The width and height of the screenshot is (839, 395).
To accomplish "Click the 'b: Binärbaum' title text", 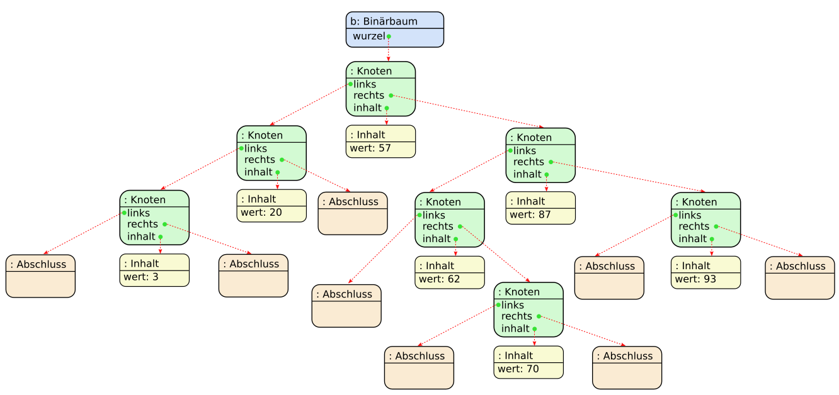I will coord(384,21).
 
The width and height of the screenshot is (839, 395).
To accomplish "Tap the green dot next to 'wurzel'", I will coord(389,36).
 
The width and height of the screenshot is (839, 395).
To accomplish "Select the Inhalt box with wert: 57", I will coord(380,142).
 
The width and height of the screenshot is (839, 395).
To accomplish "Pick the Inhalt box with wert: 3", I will coord(154,270).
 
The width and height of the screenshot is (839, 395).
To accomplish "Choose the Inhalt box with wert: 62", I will coord(449,272).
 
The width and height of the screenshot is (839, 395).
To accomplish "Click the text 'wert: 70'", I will coord(518,369).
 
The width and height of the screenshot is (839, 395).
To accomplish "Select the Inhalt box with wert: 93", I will coord(705,272).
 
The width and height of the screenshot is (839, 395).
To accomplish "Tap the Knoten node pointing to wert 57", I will coord(380,89).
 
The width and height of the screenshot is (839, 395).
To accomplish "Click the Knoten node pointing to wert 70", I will coord(528,309).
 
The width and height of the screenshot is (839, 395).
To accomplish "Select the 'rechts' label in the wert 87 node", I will coord(528,162).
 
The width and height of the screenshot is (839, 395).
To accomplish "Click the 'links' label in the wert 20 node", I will coord(256,148).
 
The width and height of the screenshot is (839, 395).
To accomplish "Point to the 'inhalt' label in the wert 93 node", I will coord(692,239).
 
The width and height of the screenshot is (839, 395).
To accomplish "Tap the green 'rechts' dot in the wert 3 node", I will coord(164,224).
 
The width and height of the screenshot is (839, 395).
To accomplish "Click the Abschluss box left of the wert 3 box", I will coord(40,276).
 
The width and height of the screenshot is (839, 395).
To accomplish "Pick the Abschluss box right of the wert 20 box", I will coord(352,213).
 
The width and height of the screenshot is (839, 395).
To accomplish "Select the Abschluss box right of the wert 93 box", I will coord(799,278).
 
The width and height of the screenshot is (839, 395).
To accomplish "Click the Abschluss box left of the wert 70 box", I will coord(419,368).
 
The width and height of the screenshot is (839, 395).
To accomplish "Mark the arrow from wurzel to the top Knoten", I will coord(388,49).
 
